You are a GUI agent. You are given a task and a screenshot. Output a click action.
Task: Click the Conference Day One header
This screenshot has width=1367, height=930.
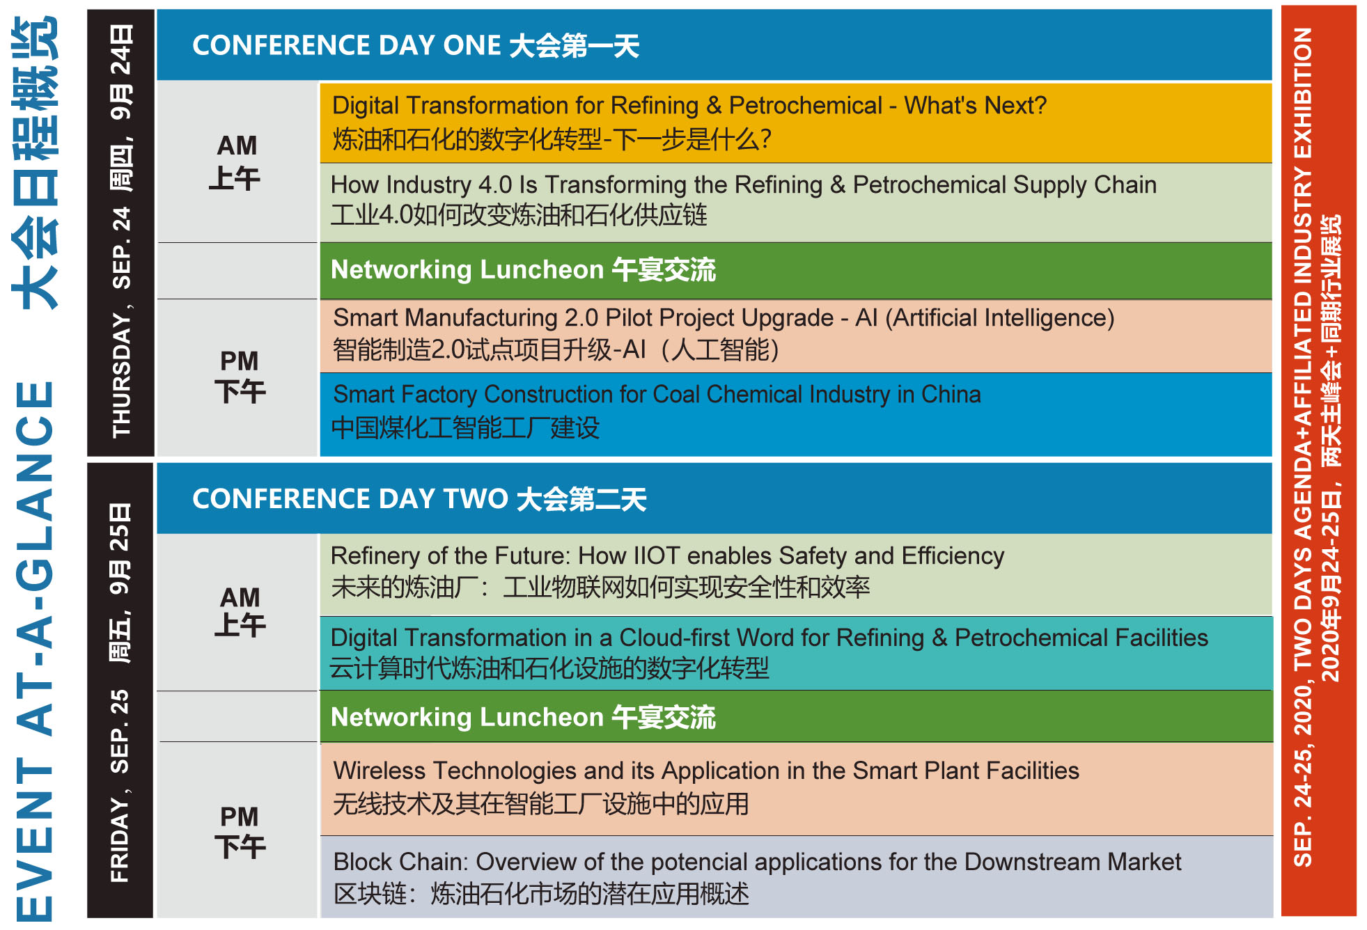[x=416, y=46]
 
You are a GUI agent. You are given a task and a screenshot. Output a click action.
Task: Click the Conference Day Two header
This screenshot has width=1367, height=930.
[x=419, y=499]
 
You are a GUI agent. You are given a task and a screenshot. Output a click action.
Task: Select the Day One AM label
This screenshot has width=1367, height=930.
[x=236, y=162]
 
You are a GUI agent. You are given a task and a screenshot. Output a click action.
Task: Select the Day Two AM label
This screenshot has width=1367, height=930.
[x=240, y=612]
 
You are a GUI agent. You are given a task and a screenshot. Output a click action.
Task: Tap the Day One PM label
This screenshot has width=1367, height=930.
[x=240, y=377]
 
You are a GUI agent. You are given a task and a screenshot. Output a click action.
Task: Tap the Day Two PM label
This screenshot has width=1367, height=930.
[x=240, y=832]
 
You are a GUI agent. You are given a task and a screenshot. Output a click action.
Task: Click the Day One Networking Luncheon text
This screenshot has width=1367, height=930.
[x=523, y=269]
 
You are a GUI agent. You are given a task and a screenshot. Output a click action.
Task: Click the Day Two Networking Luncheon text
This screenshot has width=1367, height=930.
[x=523, y=717]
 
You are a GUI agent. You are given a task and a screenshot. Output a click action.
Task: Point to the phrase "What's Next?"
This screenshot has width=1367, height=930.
[x=975, y=106]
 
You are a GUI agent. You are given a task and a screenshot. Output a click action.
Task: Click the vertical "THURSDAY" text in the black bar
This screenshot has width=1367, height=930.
[x=121, y=375]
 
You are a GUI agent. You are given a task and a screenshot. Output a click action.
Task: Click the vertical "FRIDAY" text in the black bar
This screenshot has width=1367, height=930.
[x=120, y=840]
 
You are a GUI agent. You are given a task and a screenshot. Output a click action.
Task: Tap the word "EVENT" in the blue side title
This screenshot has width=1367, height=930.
[x=35, y=840]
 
